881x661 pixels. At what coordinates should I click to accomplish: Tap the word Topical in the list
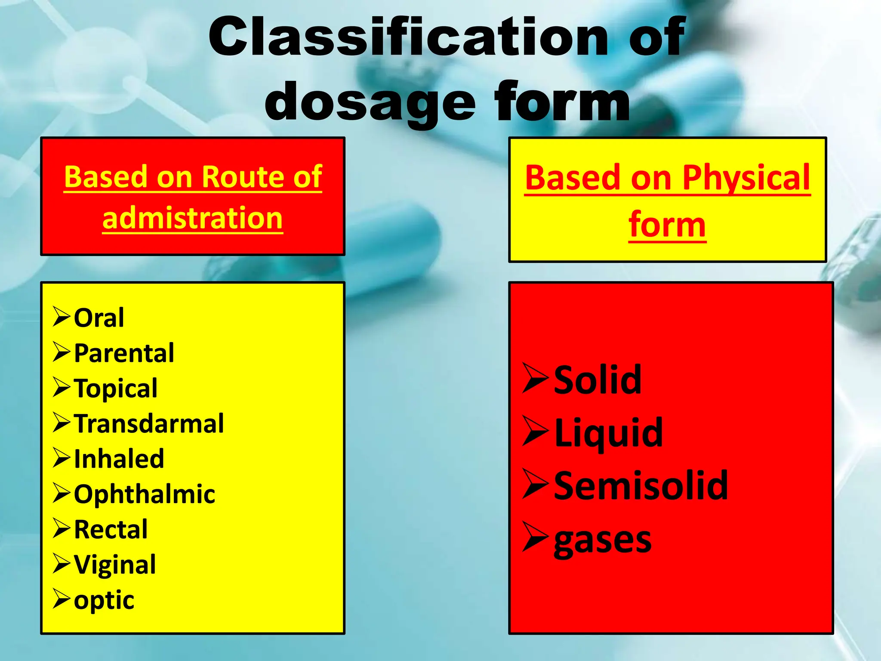coord(116,389)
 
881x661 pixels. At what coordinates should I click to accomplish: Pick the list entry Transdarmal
coord(149,423)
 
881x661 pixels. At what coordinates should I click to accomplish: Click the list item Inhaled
coord(119,459)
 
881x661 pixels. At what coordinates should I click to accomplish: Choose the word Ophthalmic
coord(145,494)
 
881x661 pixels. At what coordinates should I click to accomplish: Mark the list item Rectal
coord(111,529)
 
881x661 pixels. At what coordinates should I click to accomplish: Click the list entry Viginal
coord(115,565)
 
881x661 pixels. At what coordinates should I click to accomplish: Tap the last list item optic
coord(104,600)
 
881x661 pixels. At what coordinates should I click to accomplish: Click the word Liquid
coord(608,433)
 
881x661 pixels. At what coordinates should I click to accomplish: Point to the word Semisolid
coord(641,486)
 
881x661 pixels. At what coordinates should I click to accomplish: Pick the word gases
coord(602,540)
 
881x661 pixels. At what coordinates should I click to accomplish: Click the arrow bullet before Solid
coord(536,378)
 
